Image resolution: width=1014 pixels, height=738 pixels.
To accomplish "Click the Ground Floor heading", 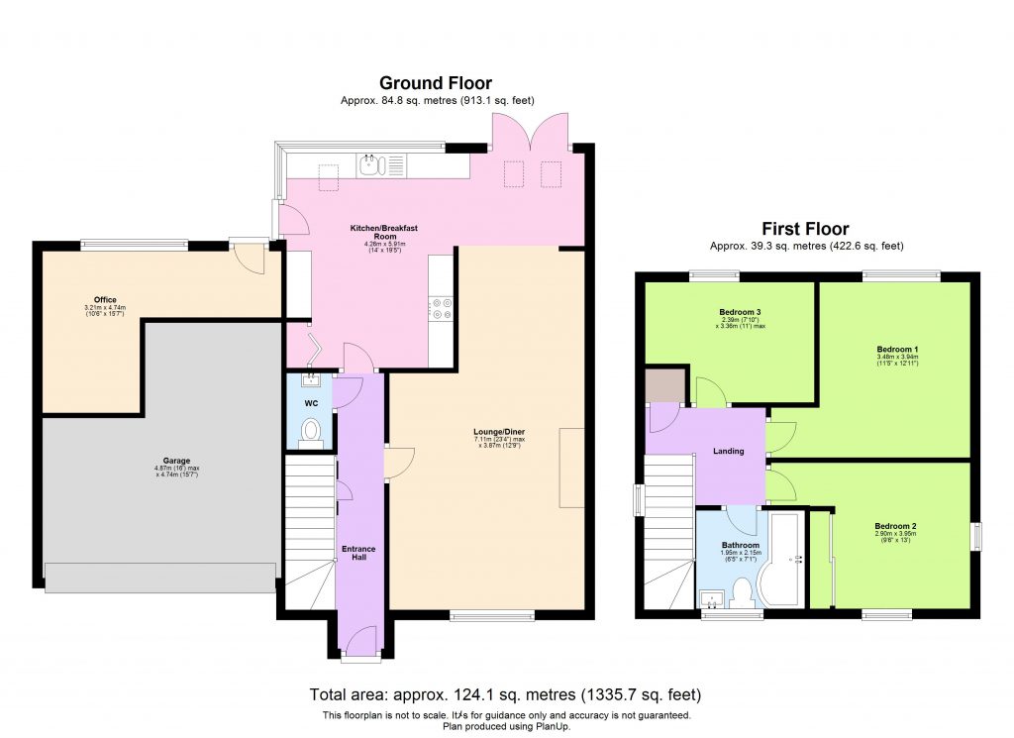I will (x=436, y=83).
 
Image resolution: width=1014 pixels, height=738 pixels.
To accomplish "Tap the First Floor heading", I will (x=804, y=229).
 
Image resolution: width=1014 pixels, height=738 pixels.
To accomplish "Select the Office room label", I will (x=106, y=299).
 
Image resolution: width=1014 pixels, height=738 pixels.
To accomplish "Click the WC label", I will (x=311, y=403).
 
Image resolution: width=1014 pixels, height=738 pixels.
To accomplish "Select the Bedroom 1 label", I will (x=897, y=349).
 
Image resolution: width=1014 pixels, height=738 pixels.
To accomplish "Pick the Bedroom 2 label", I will (x=894, y=526).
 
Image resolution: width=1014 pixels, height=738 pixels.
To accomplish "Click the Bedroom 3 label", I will (x=740, y=312).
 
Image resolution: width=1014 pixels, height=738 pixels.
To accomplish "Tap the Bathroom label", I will (x=740, y=546).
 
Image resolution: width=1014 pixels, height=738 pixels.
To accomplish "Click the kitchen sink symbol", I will (x=373, y=163).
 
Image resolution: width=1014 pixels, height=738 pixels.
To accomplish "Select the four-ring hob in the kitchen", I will (x=441, y=310).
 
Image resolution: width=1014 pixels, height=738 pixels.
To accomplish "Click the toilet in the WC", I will (x=311, y=432).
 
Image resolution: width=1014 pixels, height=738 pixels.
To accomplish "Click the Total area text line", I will (x=506, y=694).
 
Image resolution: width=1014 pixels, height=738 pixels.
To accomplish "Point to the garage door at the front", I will (x=159, y=578).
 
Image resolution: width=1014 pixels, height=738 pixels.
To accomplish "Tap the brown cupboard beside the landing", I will (x=660, y=386).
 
